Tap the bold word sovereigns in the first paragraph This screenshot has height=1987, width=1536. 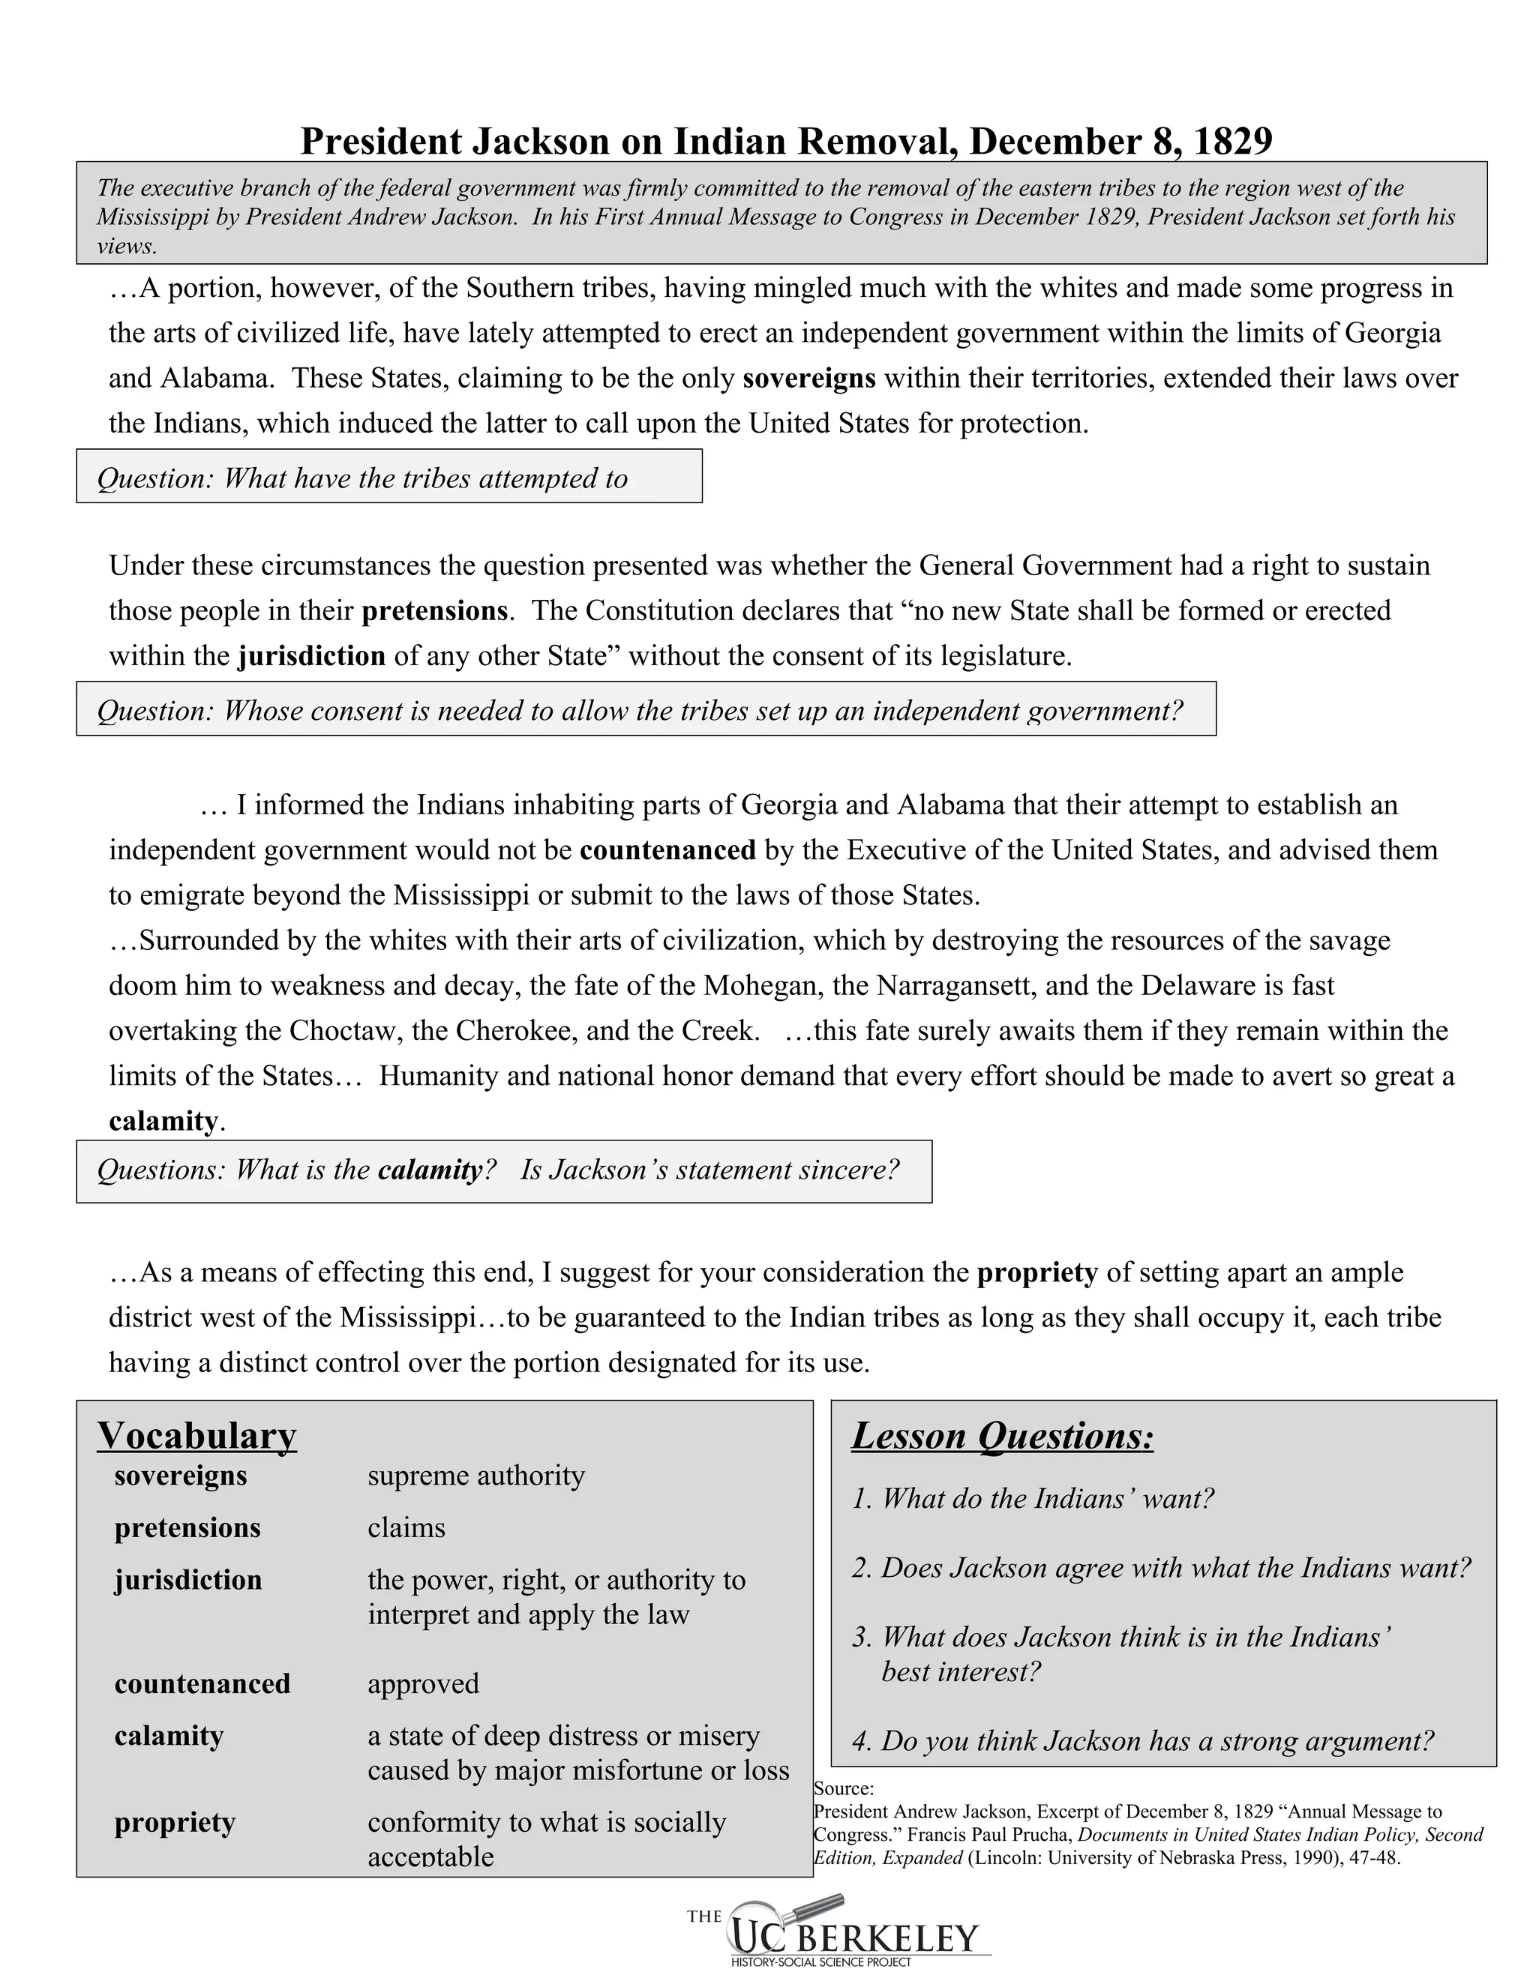tap(809, 379)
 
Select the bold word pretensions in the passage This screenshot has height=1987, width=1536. tap(434, 610)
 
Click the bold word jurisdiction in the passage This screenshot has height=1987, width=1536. tap(311, 656)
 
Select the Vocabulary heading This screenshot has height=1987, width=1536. tap(196, 1436)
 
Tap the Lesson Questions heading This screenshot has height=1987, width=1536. tap(1002, 1437)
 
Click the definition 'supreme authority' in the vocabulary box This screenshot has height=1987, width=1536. tap(476, 1476)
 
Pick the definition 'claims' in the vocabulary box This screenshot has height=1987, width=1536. tap(406, 1527)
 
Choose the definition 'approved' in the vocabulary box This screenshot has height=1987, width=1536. tap(423, 1684)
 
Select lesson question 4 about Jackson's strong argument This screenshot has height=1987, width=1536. tap(1143, 1740)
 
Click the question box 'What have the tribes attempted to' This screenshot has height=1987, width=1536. tap(388, 477)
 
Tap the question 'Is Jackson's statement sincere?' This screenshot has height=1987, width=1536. tap(709, 1170)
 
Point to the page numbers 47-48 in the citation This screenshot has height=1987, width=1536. tap(1374, 1858)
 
